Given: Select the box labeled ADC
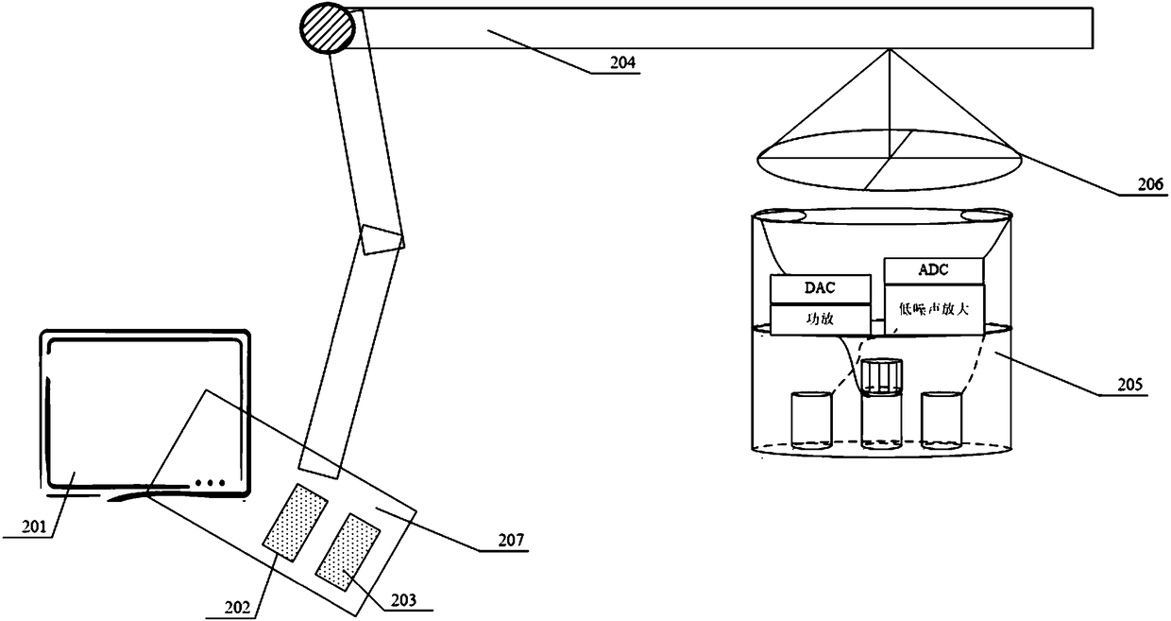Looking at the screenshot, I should tap(933, 270).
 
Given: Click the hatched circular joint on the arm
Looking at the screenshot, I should tap(327, 28).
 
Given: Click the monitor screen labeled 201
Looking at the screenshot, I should tap(142, 406).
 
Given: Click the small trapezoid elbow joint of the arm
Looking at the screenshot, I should tap(382, 239).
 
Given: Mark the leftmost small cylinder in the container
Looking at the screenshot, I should tap(811, 420).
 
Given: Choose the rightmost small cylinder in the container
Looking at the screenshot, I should tap(941, 419).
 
